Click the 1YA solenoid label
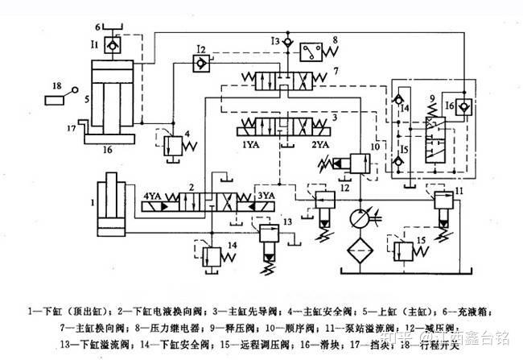[x=248, y=146]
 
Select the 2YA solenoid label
[x=319, y=146]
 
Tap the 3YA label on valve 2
[x=266, y=194]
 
